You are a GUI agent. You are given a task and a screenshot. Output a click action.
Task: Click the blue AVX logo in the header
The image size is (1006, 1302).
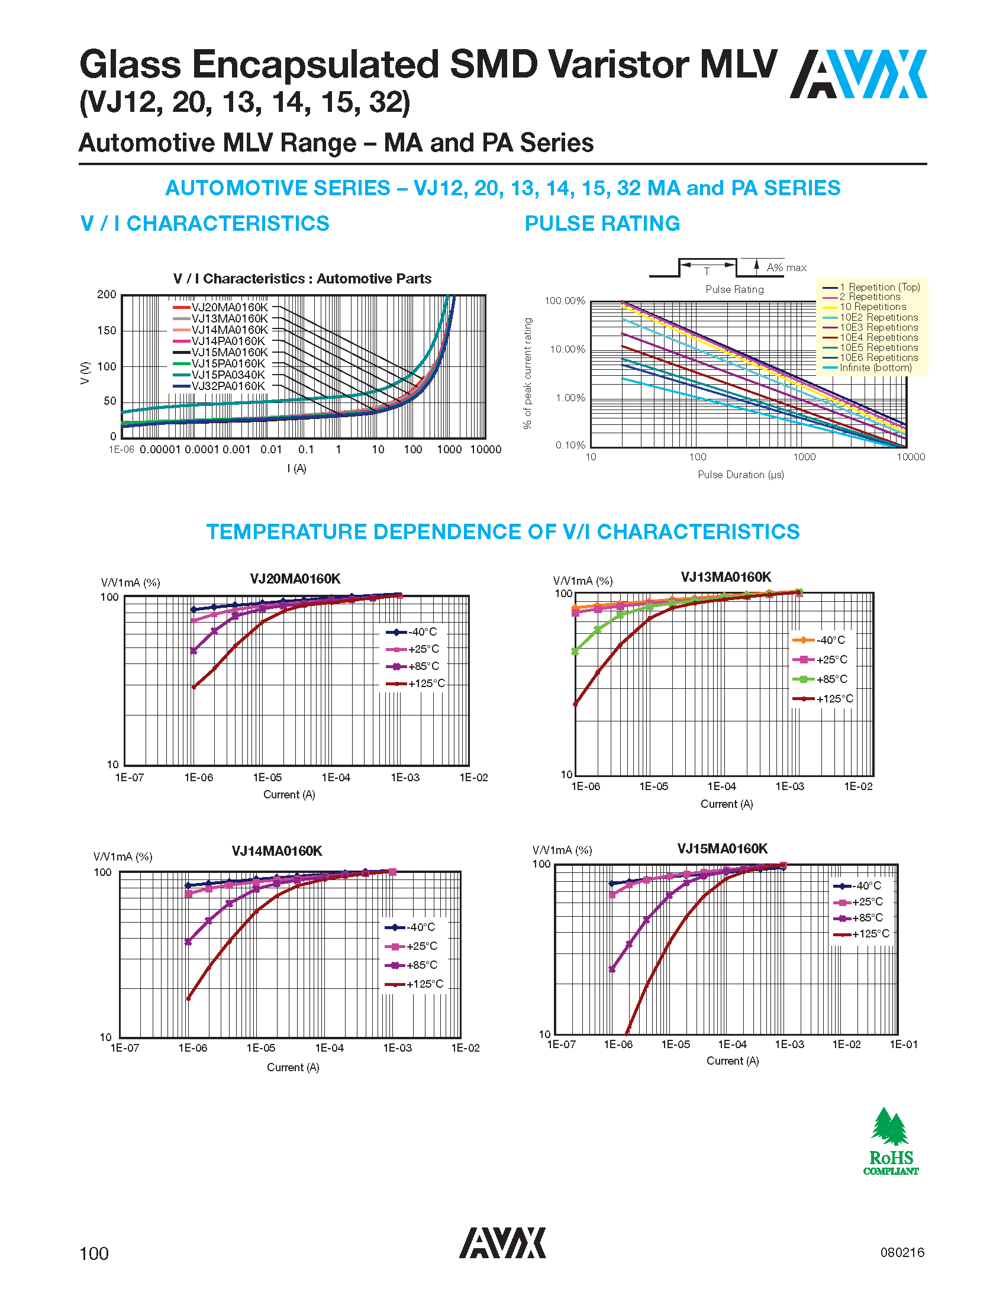click(x=858, y=74)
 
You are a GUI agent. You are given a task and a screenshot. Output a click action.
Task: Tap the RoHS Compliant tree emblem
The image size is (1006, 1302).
click(x=891, y=1140)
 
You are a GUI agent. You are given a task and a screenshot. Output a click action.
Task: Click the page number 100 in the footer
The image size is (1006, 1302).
click(x=94, y=1253)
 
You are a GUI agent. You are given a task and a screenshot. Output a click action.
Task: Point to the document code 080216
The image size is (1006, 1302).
click(x=902, y=1252)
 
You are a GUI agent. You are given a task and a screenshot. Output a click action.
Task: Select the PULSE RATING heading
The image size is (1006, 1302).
click(x=602, y=224)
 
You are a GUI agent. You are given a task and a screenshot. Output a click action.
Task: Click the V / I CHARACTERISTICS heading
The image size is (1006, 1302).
click(x=204, y=224)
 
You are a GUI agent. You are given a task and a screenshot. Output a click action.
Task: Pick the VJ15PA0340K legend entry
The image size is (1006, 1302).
click(x=228, y=375)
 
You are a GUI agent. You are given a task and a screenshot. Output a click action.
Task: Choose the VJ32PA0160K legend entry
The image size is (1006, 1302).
click(x=228, y=386)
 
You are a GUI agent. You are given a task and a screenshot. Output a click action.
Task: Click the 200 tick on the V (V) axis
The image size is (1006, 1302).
click(x=107, y=295)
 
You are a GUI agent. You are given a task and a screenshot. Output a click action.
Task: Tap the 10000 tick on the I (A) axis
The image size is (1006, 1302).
click(x=486, y=450)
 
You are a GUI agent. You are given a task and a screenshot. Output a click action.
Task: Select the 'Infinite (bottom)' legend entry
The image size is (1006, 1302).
click(x=875, y=368)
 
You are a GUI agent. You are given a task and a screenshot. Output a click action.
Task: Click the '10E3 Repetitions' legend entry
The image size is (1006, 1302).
click(x=878, y=327)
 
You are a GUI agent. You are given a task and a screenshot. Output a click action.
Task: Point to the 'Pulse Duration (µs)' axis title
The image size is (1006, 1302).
click(x=741, y=475)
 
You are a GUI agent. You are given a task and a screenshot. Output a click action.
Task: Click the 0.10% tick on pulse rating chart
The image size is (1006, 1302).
click(x=570, y=445)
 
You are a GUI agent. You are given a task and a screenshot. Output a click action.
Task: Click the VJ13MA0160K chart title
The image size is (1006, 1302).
click(x=726, y=577)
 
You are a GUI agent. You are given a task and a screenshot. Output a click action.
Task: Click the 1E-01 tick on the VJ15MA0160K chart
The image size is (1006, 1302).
click(x=904, y=1045)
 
